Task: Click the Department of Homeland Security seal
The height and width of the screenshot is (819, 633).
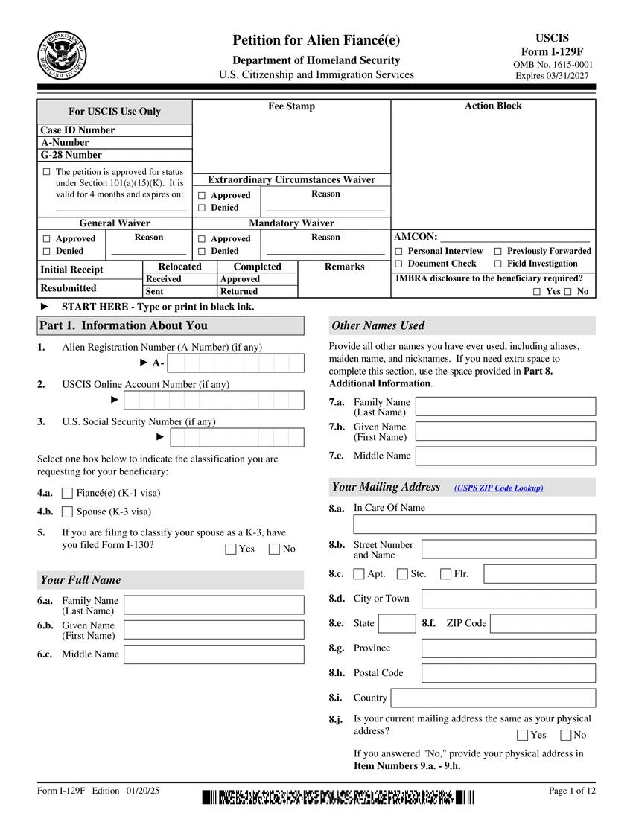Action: [x=63, y=57]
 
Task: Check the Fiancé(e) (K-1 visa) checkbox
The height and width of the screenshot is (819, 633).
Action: [x=68, y=493]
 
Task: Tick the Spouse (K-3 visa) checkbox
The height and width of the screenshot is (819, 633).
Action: [x=68, y=512]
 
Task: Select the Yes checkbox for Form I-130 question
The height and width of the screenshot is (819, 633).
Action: [x=231, y=549]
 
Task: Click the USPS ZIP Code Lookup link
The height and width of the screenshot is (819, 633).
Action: [x=498, y=488]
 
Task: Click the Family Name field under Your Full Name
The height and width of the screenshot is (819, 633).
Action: [x=214, y=605]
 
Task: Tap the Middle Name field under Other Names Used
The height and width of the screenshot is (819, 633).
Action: [x=506, y=456]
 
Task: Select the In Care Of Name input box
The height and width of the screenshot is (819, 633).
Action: [x=474, y=524]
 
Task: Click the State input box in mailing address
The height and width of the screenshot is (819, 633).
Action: [x=398, y=623]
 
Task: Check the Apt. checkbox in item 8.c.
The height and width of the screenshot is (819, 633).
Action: [x=360, y=574]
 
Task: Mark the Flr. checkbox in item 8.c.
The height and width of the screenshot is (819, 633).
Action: [x=446, y=574]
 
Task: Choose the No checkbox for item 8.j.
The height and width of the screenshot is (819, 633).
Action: [x=566, y=736]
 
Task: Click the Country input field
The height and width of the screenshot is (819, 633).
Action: [x=493, y=698]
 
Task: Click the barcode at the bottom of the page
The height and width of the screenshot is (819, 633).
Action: [x=337, y=798]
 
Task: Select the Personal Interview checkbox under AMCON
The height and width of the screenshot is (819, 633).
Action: [x=399, y=252]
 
